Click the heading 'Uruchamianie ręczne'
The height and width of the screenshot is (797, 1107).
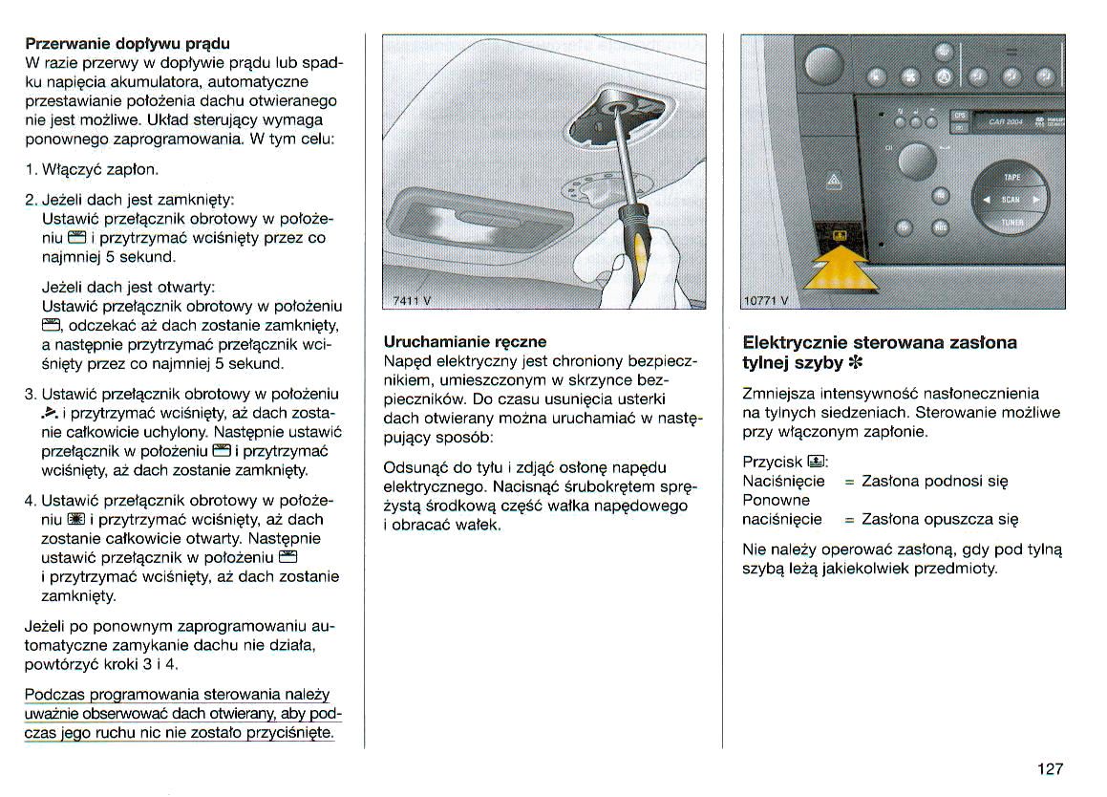[x=464, y=342]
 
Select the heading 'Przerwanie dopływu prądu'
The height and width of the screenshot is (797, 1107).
[x=127, y=44]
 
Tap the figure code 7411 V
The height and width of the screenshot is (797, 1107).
[x=412, y=300]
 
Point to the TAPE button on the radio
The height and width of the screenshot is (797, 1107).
[x=1011, y=178]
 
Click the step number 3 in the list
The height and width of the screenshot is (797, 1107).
[x=30, y=394]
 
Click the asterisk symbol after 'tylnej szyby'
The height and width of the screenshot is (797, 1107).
[x=854, y=363]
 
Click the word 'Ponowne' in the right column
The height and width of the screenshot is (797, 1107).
[x=776, y=501]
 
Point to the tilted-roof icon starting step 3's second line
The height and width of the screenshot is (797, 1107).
[x=52, y=414]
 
